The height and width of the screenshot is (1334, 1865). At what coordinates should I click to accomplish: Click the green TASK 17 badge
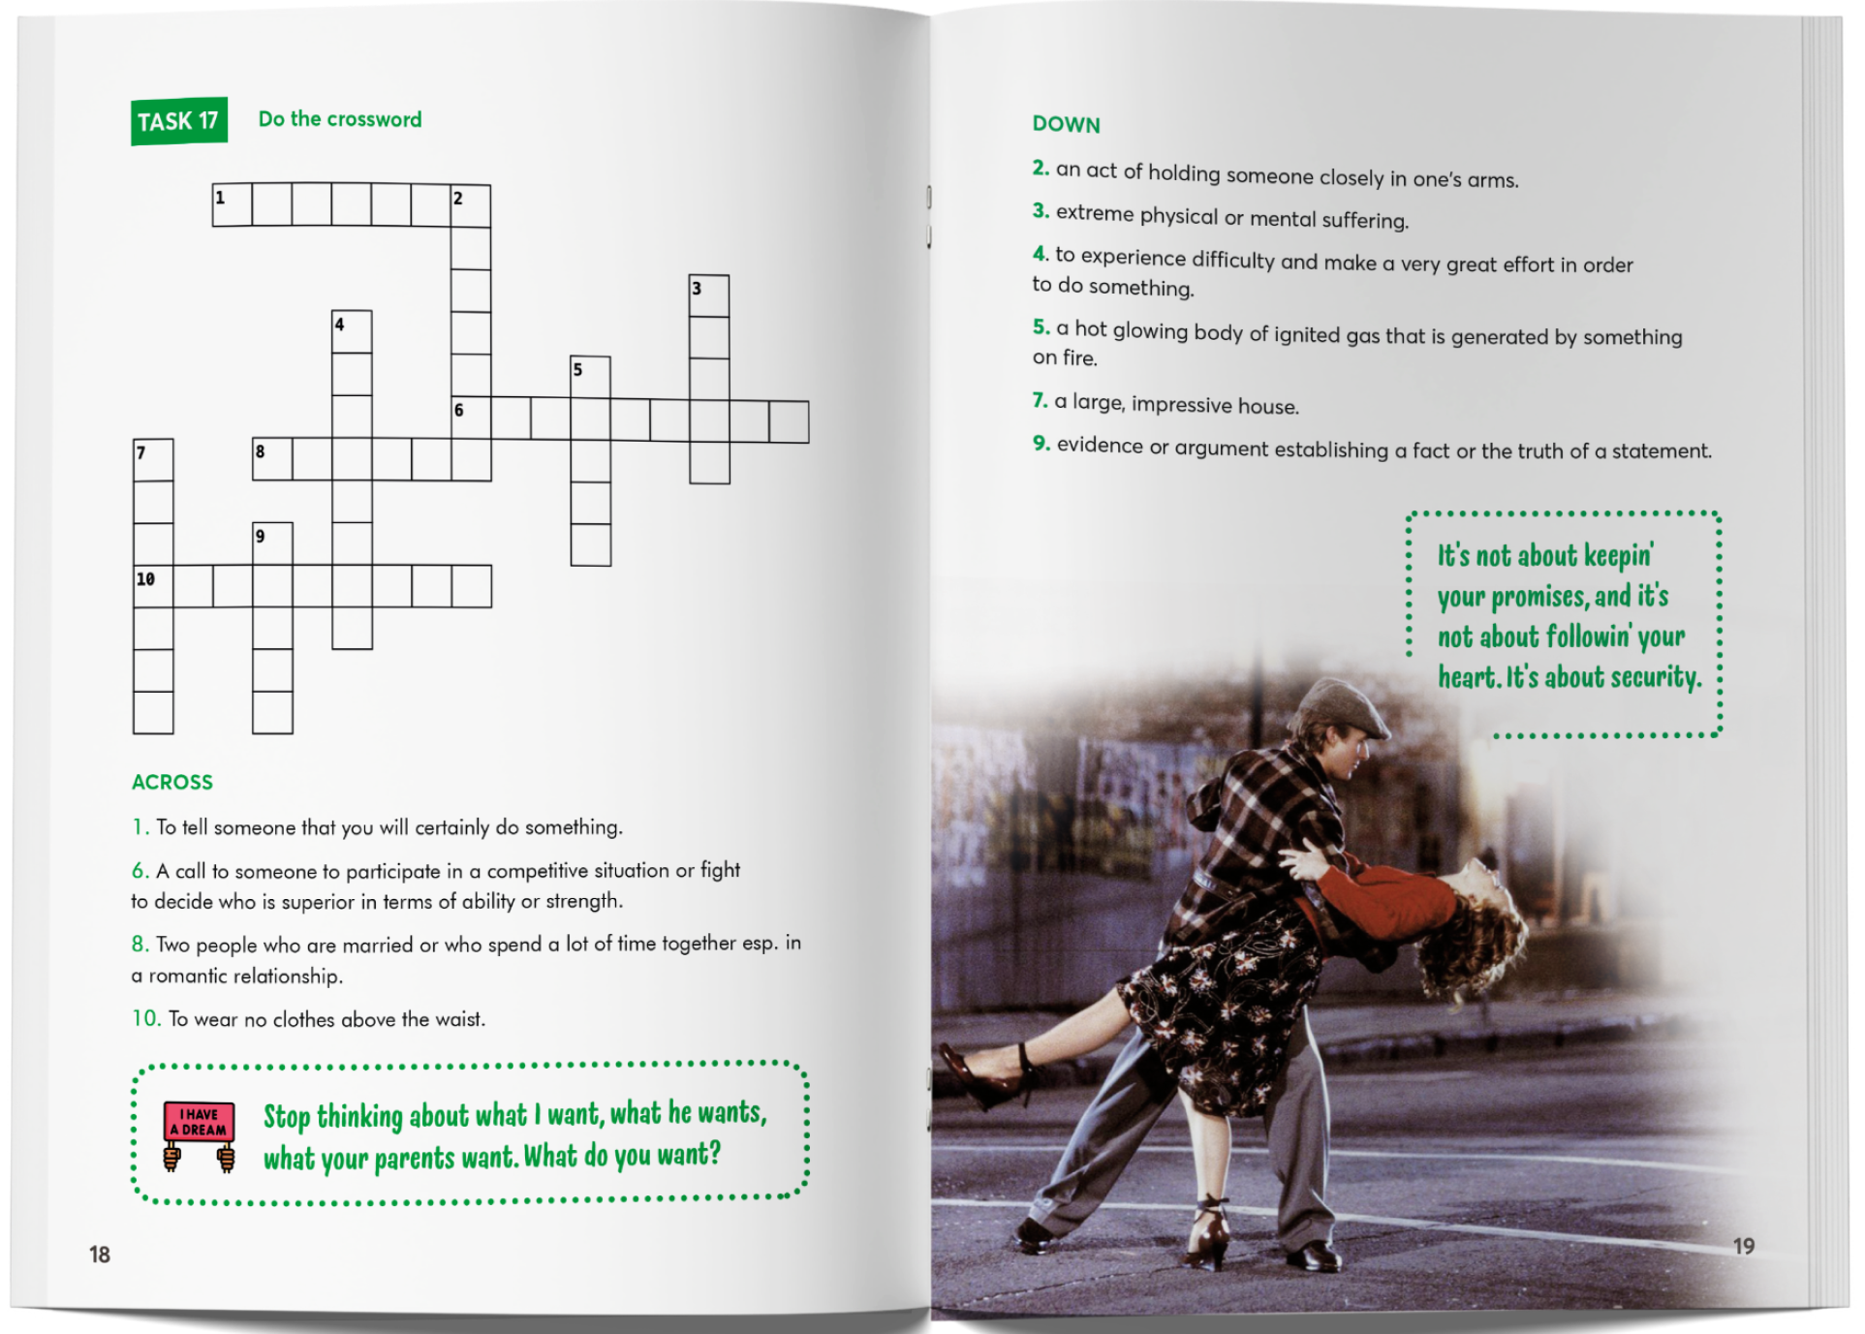point(179,121)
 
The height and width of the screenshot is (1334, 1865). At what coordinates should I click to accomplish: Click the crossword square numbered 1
point(233,205)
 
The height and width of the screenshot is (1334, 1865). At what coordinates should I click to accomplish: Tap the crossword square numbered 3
point(709,295)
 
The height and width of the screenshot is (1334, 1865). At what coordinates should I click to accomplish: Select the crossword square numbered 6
point(472,419)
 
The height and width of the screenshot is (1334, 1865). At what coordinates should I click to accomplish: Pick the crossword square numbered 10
point(153,587)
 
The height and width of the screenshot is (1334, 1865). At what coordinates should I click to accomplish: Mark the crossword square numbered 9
point(272,544)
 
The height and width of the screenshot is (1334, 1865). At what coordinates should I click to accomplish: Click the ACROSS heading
point(172,782)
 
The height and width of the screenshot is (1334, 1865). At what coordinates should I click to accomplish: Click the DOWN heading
point(1066,124)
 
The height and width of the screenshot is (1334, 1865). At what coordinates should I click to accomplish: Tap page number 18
point(100,1255)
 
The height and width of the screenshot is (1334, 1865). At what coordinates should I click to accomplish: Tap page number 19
point(1744,1246)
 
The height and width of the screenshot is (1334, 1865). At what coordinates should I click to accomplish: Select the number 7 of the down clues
point(1040,399)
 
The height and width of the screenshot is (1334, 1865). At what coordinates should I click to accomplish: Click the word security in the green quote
point(1655,677)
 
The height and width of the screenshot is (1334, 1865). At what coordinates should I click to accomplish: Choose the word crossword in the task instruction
point(374,119)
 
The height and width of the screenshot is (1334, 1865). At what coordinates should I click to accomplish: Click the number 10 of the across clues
point(146,1018)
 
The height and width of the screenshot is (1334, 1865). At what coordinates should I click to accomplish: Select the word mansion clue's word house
point(1267,406)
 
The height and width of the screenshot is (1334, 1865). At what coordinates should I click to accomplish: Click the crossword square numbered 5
point(590,377)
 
